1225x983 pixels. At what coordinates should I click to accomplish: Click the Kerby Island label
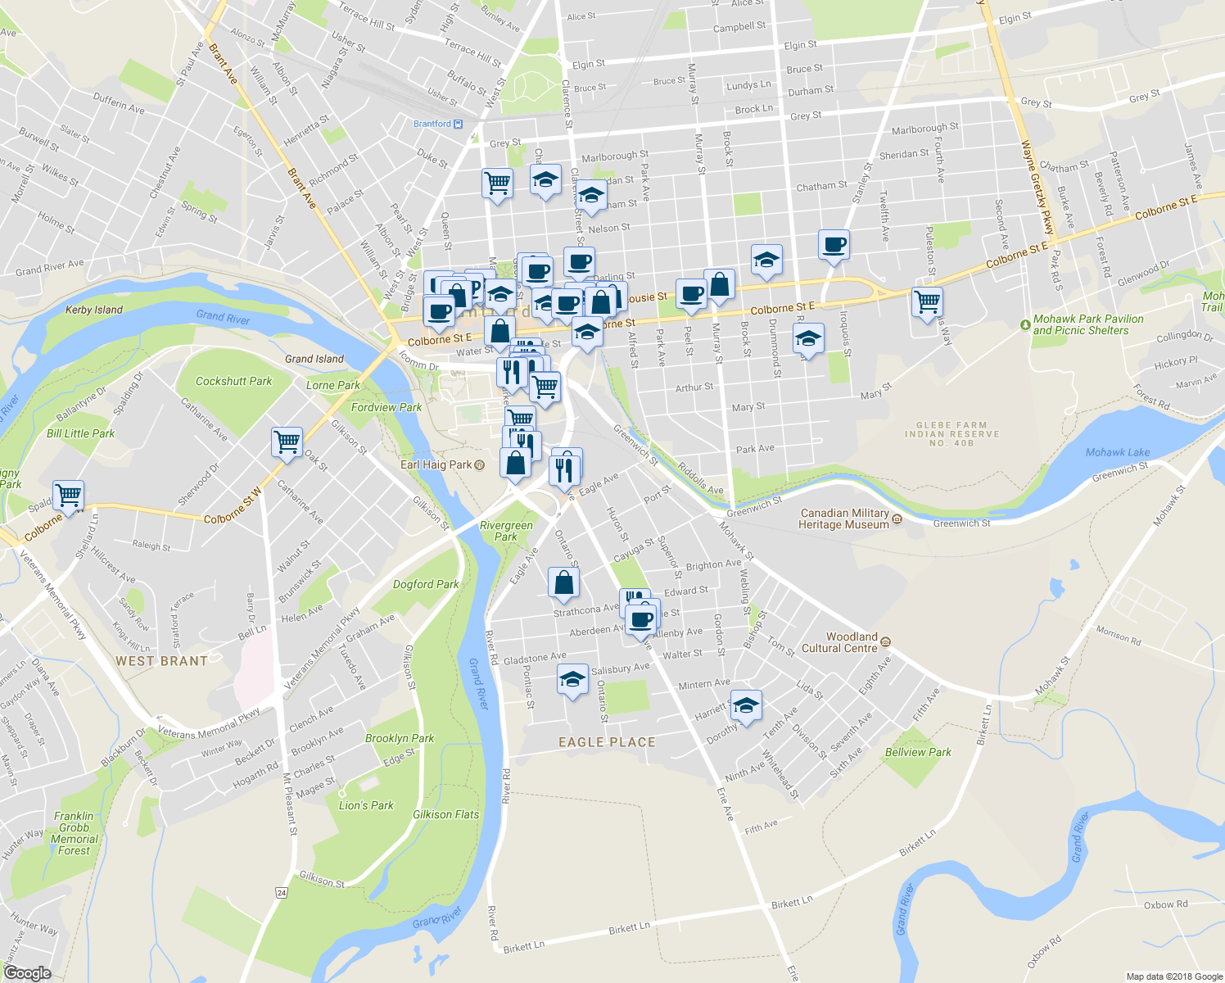(x=94, y=310)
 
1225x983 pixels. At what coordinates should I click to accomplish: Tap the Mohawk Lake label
(x=1117, y=452)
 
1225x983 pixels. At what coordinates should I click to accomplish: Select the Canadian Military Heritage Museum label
(x=844, y=519)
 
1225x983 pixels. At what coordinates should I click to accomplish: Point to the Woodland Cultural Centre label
(x=851, y=642)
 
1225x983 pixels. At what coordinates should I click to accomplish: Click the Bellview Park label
(x=918, y=752)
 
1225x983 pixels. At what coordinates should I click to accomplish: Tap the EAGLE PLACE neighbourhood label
(x=607, y=742)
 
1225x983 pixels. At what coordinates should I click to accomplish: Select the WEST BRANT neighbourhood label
(x=161, y=661)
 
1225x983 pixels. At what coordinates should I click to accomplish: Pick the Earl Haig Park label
(x=436, y=464)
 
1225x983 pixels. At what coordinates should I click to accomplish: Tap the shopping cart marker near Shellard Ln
(x=69, y=495)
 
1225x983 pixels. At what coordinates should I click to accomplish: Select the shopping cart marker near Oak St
(x=287, y=442)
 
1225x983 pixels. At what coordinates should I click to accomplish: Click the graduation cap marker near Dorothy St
(x=746, y=705)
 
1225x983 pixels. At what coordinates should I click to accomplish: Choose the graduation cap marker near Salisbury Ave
(x=572, y=679)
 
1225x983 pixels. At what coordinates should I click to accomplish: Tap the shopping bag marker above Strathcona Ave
(x=563, y=582)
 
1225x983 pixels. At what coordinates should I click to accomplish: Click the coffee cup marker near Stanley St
(x=834, y=244)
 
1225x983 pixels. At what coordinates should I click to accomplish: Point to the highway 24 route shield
(x=282, y=892)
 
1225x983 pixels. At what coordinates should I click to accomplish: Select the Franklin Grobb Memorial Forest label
(x=75, y=833)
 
